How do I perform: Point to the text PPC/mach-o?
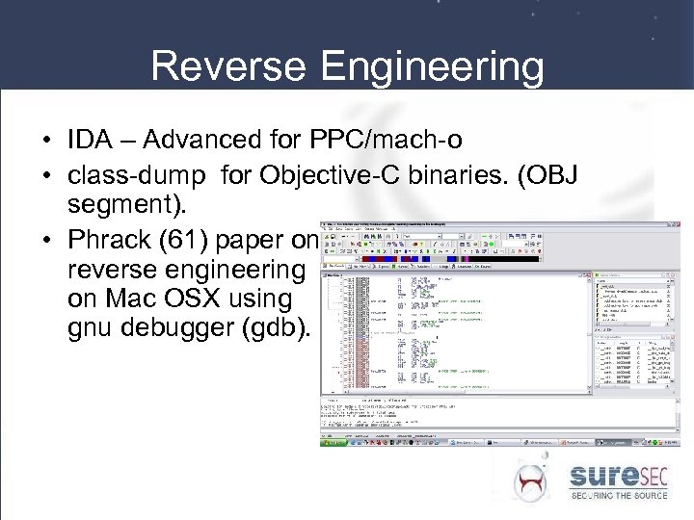387,142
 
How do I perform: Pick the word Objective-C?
346,175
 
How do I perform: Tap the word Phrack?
109,238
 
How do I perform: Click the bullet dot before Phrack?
47,240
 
